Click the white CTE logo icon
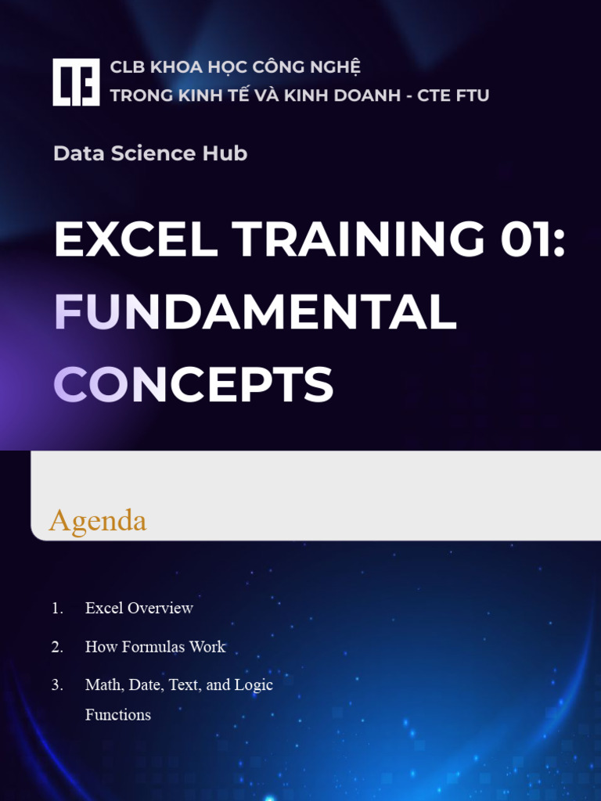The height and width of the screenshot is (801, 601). point(76,81)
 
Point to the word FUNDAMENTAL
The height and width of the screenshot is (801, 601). point(255,312)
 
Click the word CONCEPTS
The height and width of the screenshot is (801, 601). point(193,384)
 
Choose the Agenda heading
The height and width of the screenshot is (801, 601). point(98,521)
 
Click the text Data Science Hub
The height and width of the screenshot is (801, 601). point(150,153)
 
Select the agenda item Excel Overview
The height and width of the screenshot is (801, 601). point(139,608)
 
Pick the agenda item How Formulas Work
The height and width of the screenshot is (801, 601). point(155,647)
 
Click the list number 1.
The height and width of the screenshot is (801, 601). point(57,608)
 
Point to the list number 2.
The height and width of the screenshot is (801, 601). point(57,647)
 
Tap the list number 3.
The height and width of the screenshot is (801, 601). point(57,685)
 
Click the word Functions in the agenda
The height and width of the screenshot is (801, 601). point(118,714)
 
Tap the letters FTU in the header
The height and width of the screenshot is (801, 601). point(473,95)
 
